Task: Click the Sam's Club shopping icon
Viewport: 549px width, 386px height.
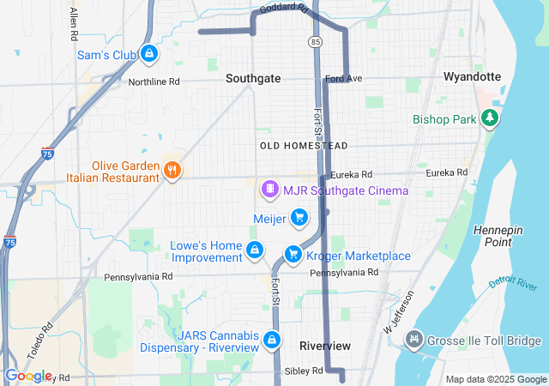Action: pos(150,54)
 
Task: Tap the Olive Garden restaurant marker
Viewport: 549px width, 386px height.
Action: pos(172,170)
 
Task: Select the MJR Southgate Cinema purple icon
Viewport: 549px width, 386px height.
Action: pos(270,189)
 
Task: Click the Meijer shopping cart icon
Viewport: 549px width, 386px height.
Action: pos(299,218)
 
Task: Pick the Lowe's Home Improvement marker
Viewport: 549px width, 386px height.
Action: pos(254,250)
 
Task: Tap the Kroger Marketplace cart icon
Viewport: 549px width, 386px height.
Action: pos(293,255)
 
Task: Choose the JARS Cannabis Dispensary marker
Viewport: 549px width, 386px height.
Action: pos(272,340)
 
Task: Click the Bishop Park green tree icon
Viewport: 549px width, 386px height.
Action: pos(490,118)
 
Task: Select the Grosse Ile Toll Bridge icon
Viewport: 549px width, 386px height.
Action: pos(415,341)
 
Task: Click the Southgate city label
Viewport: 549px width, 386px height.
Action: pos(253,78)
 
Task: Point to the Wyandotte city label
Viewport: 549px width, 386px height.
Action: pos(472,76)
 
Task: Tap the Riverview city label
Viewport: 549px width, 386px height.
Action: pos(325,345)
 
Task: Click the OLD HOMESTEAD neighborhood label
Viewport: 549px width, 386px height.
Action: pos(304,147)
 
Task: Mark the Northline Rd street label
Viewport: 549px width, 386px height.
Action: pos(154,82)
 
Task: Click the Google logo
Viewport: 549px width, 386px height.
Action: pos(28,376)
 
